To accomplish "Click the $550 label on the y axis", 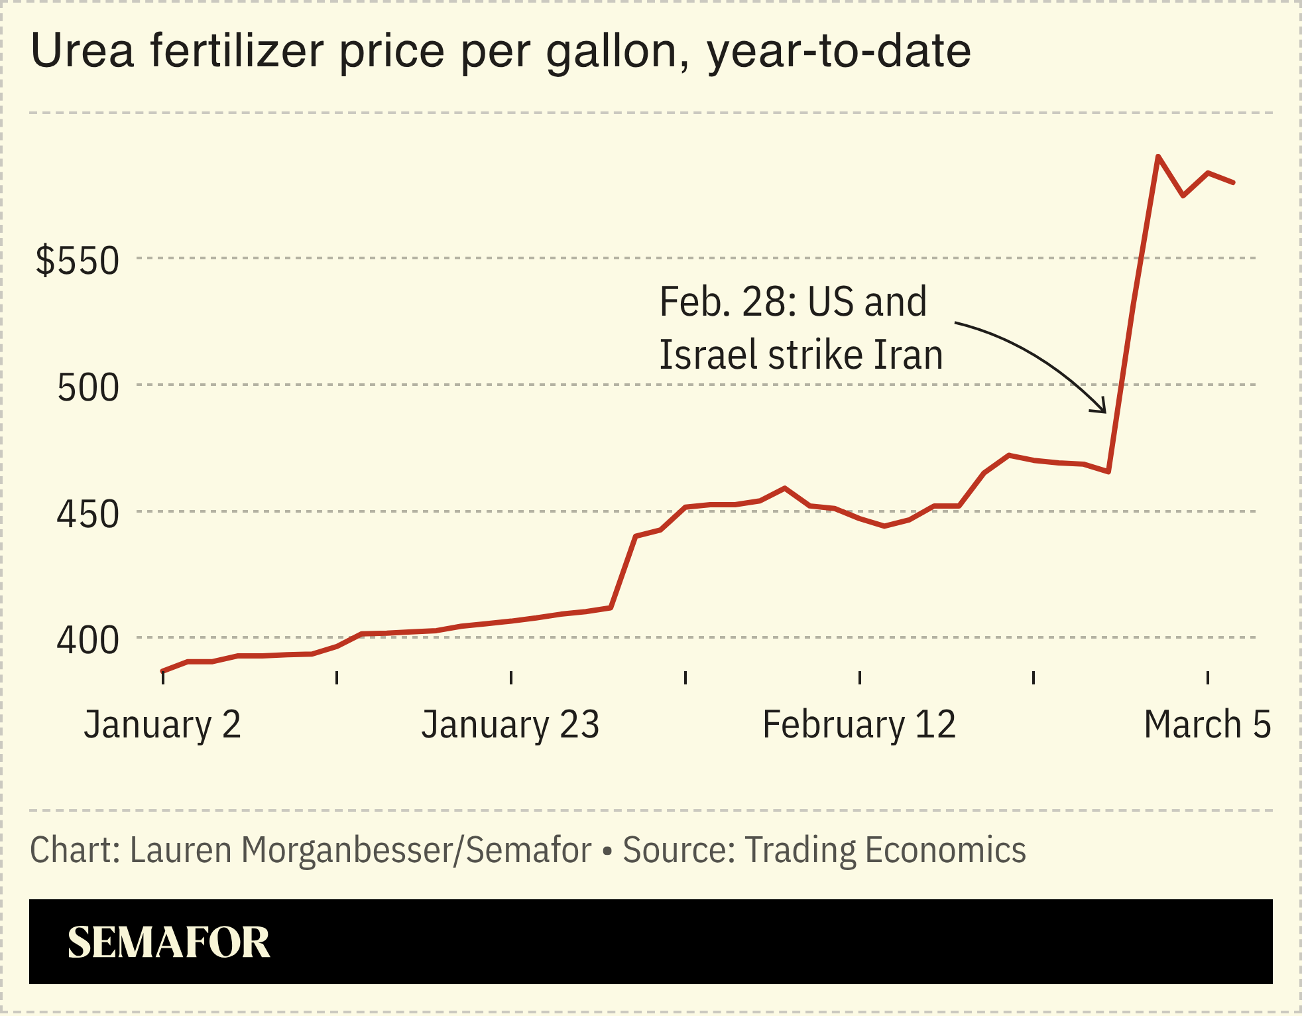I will pos(78,260).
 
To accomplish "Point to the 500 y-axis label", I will pos(88,387).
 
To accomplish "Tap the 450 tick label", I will pos(88,514).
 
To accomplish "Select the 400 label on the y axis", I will pos(88,641).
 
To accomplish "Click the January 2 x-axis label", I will pos(162,724).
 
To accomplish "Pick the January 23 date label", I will pos(510,724).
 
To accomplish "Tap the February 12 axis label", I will pos(859,724).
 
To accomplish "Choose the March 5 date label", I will pos(1207,724).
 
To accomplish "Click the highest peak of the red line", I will pos(1157,157).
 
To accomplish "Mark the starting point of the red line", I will pos(163,671).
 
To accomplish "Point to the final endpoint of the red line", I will pos(1233,182).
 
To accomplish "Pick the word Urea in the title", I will pos(83,51).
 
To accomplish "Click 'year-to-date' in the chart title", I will pos(839,51).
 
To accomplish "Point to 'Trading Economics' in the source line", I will pos(885,850).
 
